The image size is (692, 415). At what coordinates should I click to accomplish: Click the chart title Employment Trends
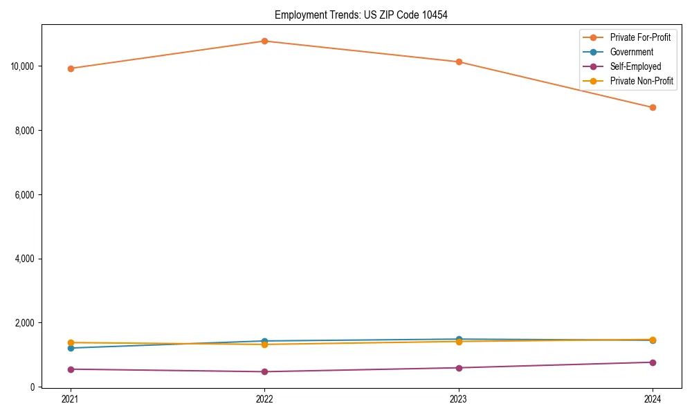click(x=361, y=15)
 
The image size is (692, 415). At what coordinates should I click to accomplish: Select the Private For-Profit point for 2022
click(x=264, y=41)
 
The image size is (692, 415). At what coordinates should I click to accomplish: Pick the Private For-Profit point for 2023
click(x=459, y=62)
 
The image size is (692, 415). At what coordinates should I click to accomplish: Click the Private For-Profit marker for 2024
click(x=653, y=107)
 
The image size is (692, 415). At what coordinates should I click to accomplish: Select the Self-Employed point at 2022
click(x=264, y=372)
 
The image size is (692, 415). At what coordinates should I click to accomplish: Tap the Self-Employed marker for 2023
click(x=459, y=368)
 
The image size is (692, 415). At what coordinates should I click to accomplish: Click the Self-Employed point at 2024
click(x=653, y=362)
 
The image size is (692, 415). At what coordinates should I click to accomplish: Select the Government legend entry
click(x=631, y=52)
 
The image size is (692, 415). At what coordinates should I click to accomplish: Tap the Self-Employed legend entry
click(x=635, y=66)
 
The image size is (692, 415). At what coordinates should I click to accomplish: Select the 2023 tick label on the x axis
click(x=459, y=399)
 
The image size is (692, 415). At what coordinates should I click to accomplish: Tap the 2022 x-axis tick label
click(x=264, y=399)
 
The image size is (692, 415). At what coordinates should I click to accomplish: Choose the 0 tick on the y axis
click(x=33, y=387)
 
